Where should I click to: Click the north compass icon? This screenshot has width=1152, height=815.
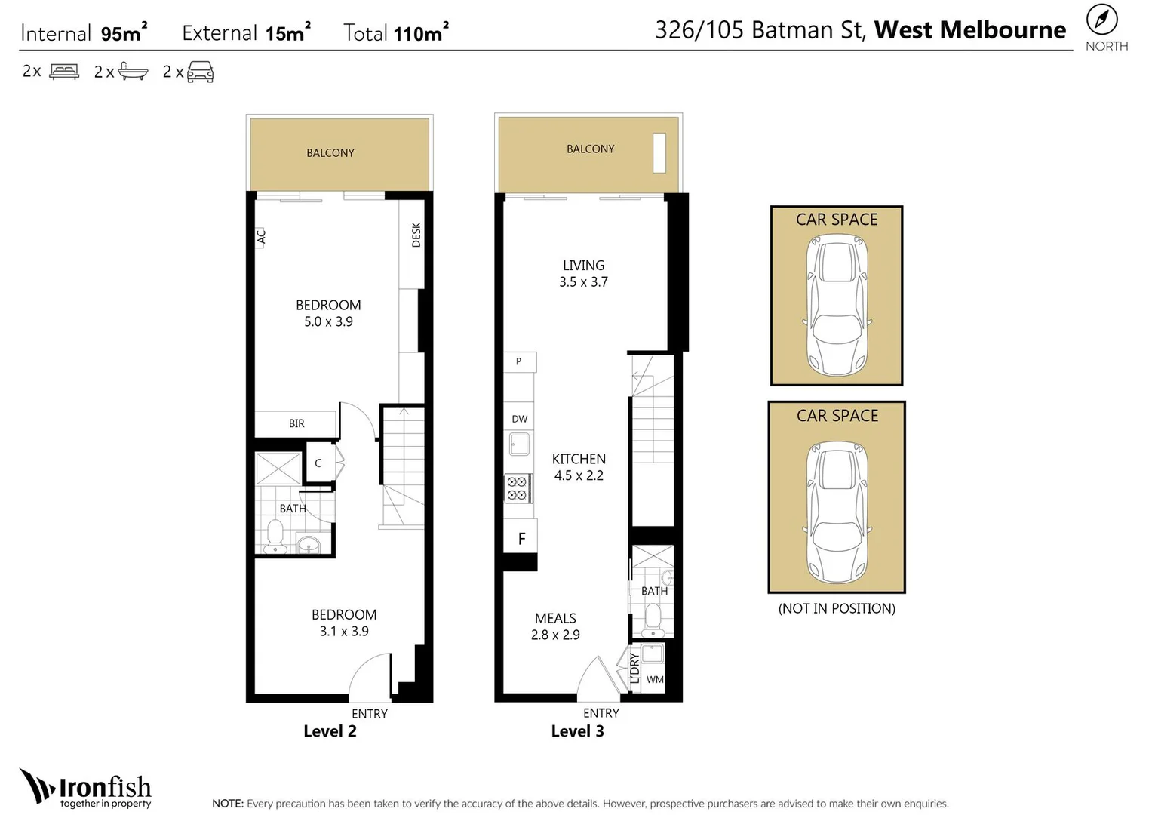pos(1102,20)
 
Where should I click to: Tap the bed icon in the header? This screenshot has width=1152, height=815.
pos(64,72)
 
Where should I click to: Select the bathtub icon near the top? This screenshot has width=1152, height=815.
pos(133,72)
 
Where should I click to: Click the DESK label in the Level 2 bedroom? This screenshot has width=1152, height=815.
pos(416,235)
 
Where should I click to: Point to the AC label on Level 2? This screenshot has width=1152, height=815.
pos(261,237)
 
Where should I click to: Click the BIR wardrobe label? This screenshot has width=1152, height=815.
pos(296,423)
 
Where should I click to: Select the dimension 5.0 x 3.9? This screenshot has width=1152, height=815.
pos(328,321)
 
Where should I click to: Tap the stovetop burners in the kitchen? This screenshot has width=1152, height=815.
pos(517,488)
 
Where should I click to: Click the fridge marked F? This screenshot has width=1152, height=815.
pos(521,539)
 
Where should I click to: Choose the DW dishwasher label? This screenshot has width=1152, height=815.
pos(520,419)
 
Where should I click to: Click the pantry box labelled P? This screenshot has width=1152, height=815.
pos(519,361)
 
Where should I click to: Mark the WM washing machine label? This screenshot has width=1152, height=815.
pos(655,680)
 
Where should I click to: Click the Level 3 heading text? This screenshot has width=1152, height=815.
pos(577,730)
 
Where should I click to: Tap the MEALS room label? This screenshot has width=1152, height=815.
pos(555,618)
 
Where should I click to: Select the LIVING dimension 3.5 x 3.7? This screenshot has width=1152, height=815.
pos(583,282)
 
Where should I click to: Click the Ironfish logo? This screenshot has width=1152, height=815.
pos(85,789)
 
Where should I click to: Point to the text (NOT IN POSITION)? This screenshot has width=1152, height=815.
pos(837,608)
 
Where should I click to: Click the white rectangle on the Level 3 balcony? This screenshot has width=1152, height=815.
pos(659,153)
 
